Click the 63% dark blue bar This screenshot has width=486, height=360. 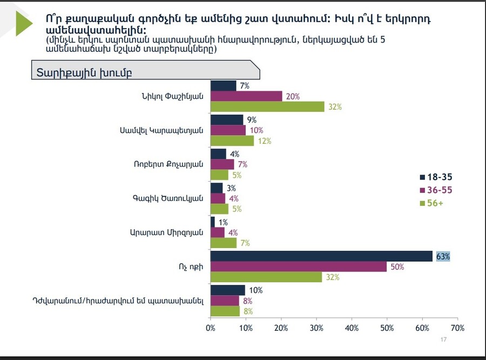[321, 256]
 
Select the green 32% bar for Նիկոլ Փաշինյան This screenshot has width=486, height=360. [267, 106]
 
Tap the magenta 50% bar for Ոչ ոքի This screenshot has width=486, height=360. [299, 266]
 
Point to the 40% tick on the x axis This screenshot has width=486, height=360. [352, 328]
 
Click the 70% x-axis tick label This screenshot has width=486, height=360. [457, 328]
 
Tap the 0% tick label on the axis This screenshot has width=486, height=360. [211, 328]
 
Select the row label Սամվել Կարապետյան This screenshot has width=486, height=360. [161, 130]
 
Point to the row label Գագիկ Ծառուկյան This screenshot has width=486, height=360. [169, 198]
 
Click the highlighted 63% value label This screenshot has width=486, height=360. [443, 256]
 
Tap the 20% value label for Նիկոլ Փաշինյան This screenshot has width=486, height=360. [293, 96]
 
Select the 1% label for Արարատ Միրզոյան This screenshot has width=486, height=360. [223, 222]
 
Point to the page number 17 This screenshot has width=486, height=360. [444, 339]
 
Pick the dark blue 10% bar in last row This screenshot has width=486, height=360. [228, 290]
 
